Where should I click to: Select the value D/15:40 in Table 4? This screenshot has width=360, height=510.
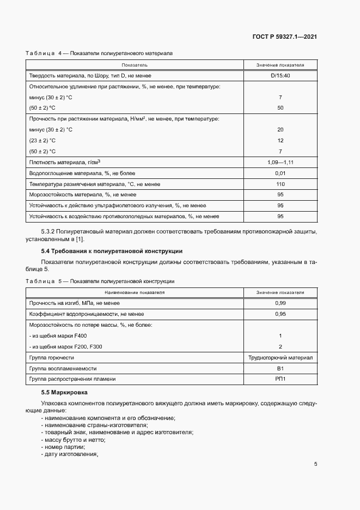click(x=280, y=75)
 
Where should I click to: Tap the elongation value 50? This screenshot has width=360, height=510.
click(x=280, y=108)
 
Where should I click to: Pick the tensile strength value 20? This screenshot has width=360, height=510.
click(x=280, y=129)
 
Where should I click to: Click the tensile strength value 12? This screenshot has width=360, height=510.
click(x=280, y=140)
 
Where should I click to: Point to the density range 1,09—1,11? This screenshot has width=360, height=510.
click(x=280, y=162)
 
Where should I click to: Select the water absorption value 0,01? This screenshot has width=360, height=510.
click(x=280, y=173)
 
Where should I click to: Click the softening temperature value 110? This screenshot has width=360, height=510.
click(x=280, y=184)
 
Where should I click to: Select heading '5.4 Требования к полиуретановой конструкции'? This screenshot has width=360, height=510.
click(x=112, y=251)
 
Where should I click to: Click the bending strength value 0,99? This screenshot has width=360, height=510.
click(x=280, y=303)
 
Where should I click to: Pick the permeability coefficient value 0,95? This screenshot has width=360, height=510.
click(x=280, y=314)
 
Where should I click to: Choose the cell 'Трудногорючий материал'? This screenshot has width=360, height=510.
click(x=280, y=357)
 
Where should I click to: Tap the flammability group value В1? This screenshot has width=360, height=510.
click(x=280, y=368)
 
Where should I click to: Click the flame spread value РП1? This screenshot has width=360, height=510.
click(x=280, y=379)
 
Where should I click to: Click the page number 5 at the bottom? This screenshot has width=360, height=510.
click(x=315, y=465)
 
